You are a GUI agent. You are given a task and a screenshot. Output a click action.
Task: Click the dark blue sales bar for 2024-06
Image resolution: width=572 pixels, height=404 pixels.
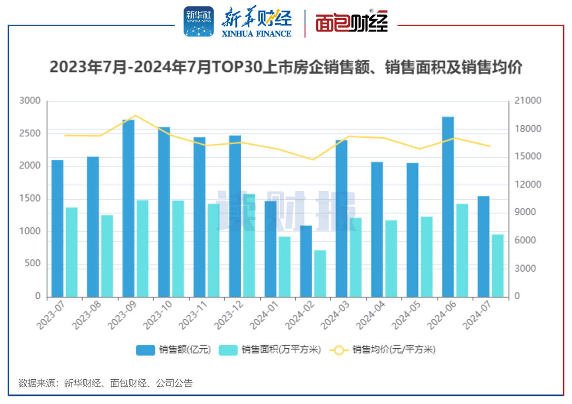(x=448, y=207)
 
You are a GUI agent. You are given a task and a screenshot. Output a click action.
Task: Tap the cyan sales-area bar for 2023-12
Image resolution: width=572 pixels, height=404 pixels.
(x=249, y=245)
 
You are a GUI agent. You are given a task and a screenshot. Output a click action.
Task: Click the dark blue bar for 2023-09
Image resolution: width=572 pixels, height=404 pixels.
(x=128, y=208)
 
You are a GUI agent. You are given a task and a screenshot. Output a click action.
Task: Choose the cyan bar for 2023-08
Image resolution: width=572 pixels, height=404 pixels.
(x=107, y=256)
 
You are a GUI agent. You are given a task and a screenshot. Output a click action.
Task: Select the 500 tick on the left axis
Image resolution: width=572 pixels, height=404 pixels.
(x=33, y=264)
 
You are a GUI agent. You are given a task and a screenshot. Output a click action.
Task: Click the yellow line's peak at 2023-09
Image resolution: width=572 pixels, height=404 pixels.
(x=135, y=115)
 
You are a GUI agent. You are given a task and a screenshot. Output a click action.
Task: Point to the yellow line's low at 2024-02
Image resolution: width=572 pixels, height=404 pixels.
(x=313, y=160)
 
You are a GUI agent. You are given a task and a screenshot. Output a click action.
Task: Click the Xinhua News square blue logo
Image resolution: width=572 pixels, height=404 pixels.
(x=199, y=21)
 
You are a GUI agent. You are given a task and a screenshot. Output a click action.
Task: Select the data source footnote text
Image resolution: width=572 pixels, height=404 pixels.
(x=105, y=383)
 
